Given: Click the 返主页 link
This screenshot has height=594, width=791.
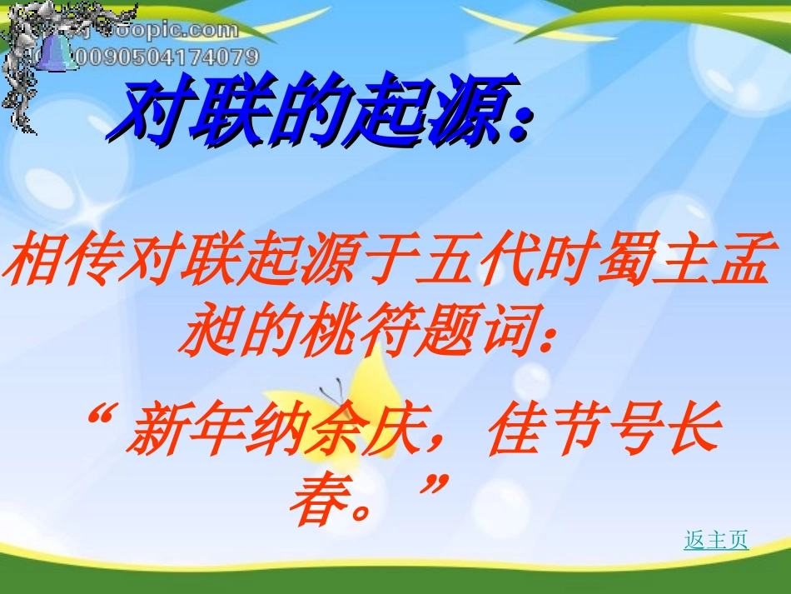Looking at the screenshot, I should pos(716,540).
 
